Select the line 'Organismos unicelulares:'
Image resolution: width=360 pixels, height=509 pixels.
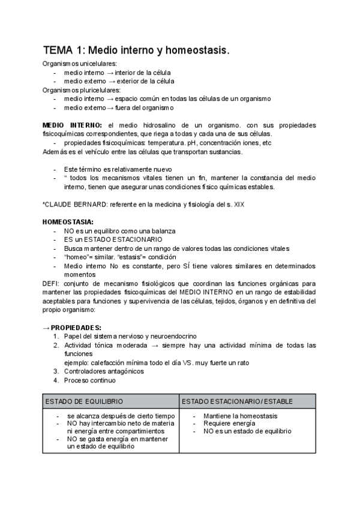(x=80, y=64)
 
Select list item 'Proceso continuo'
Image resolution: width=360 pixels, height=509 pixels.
(x=90, y=380)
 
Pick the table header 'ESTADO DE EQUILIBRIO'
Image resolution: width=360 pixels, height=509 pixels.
(x=83, y=400)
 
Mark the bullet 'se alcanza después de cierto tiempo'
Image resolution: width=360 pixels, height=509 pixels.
(x=121, y=416)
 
